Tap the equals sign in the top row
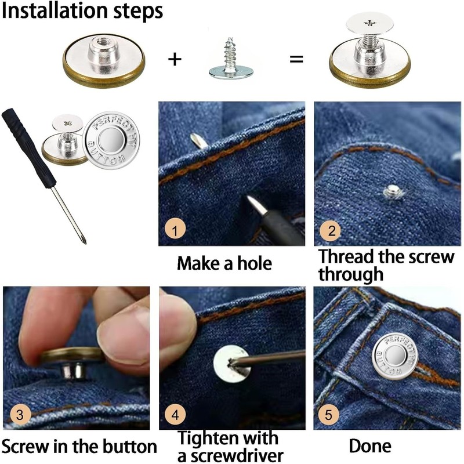(296, 59)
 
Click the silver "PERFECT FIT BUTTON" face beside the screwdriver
(109, 139)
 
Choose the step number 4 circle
(175, 415)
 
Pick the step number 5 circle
(330, 415)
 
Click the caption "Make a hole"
(224, 264)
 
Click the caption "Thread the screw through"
(386, 264)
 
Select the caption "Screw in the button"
(79, 447)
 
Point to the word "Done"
(370, 446)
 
